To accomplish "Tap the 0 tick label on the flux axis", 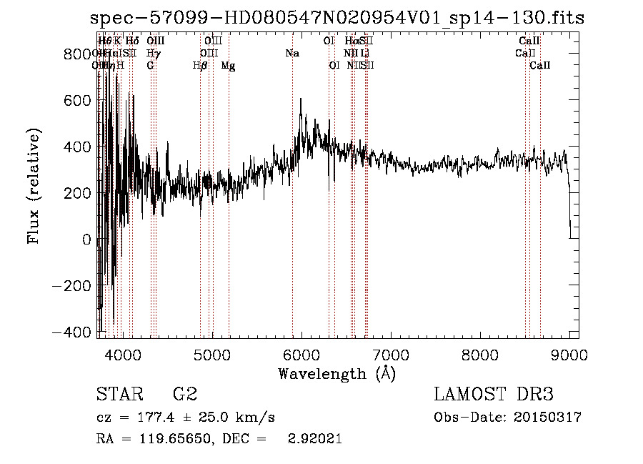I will point(87,240).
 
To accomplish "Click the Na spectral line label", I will point(292,54).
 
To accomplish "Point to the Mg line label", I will point(229,66).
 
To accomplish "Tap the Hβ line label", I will point(200,66).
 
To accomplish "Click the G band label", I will point(150,66).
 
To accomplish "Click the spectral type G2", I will point(185,395).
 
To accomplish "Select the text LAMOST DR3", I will point(494,395).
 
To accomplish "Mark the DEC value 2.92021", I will point(314,439).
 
